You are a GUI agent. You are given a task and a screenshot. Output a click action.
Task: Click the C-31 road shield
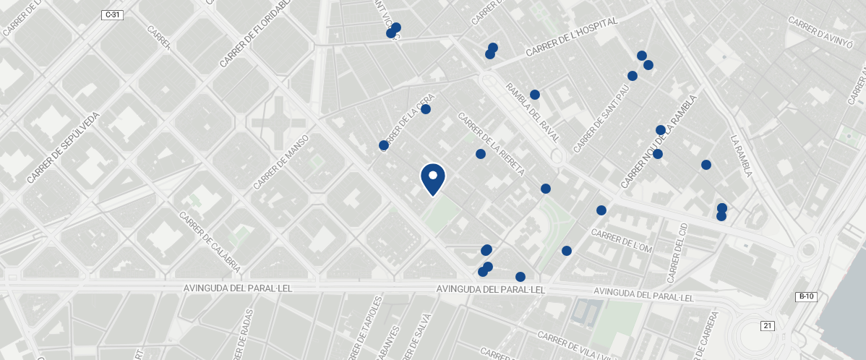tap(112, 14)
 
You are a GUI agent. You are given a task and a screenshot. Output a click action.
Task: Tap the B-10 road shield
tap(806, 296)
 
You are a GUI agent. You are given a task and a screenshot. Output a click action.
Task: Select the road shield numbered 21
tap(767, 326)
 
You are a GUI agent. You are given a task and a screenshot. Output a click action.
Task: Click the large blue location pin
tap(433, 178)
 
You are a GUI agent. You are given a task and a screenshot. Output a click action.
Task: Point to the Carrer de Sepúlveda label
tap(63, 147)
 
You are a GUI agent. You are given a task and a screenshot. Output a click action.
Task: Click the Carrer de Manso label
tap(281, 162)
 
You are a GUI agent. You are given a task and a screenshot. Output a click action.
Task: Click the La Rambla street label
tap(742, 156)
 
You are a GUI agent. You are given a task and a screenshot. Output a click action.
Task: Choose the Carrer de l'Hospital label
tap(571, 38)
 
